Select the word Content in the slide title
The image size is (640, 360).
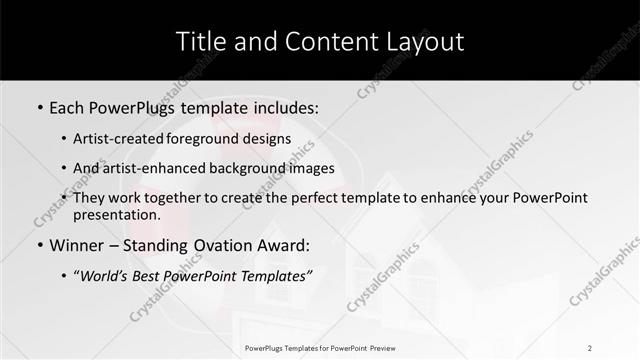[317, 41]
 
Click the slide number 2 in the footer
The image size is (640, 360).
[590, 348]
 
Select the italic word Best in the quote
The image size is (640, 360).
[148, 275]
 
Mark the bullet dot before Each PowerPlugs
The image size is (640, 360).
[39, 105]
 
